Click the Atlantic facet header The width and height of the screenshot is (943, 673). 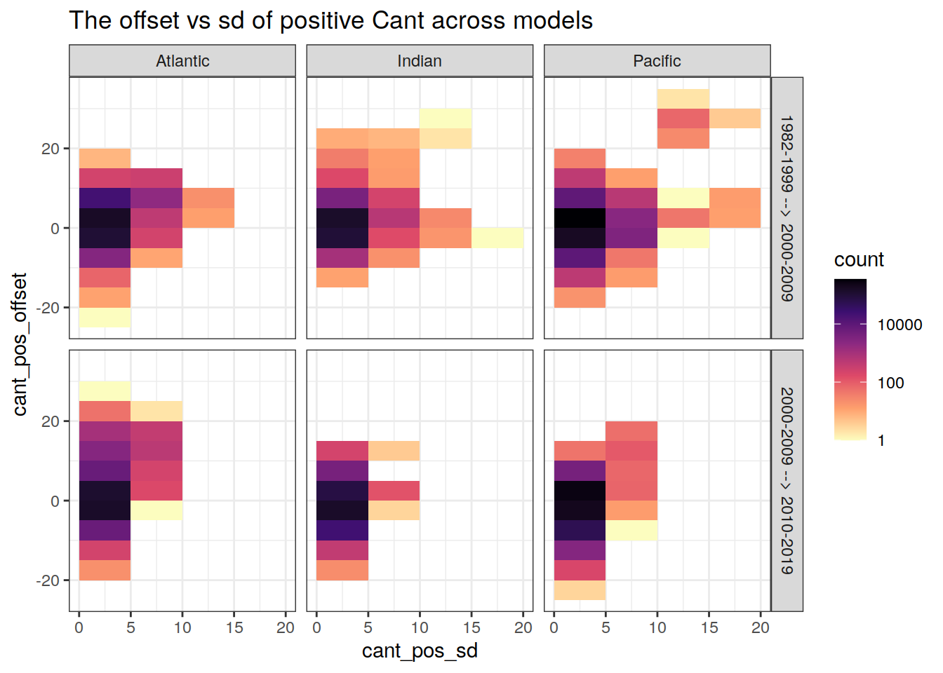(182, 61)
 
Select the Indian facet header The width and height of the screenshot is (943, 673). (420, 61)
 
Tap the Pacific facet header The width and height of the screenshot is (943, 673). (657, 61)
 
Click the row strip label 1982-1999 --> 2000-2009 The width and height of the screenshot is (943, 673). (787, 208)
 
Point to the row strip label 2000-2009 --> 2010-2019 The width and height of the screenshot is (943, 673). (787, 481)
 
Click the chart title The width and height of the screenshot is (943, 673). (330, 20)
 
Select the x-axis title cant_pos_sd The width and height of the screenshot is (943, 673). (420, 651)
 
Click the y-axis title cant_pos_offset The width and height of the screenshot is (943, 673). (20, 344)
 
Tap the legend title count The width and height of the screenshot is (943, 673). (859, 260)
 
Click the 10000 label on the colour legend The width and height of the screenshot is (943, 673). (899, 325)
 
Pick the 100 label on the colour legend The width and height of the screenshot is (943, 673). (890, 383)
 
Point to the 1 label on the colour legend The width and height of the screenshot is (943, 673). (881, 441)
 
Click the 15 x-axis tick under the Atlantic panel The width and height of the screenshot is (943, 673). (234, 628)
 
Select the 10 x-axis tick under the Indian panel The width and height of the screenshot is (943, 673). (420, 628)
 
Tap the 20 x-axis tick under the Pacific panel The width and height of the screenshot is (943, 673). (761, 628)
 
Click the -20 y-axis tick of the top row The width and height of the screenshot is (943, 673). (48, 308)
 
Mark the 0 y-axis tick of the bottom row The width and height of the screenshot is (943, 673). (55, 501)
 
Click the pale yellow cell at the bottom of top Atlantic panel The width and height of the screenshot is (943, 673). (105, 318)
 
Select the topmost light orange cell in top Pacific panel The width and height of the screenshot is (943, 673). (683, 99)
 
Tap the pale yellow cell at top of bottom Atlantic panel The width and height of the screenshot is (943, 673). (105, 390)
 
